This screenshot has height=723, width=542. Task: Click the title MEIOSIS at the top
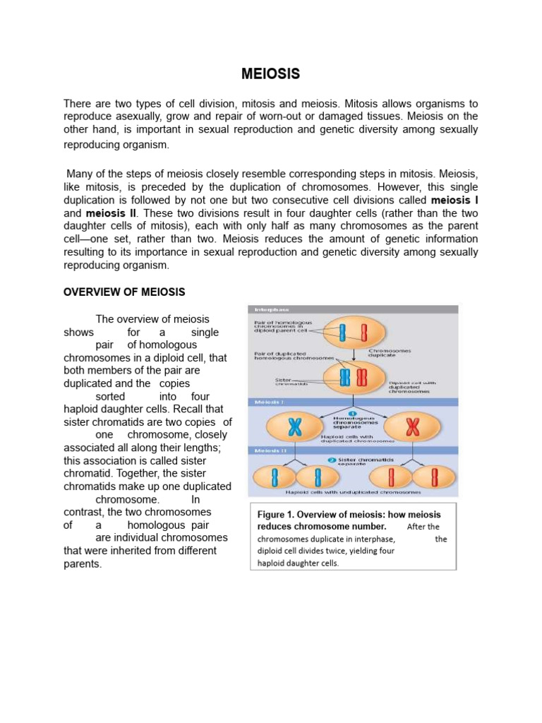pos(271,73)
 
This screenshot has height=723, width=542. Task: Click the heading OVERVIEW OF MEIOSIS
pos(125,292)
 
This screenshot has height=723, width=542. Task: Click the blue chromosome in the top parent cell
pos(343,332)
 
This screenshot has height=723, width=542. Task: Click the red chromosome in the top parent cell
pos(364,332)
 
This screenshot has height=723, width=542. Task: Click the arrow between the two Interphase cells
pos(352,352)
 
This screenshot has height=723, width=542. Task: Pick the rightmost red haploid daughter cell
pos(435,477)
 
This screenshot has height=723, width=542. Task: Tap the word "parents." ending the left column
pos(83,564)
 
